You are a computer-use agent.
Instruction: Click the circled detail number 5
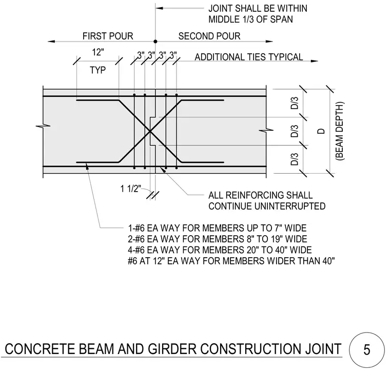pos(366,349)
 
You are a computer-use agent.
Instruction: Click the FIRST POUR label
pos(108,36)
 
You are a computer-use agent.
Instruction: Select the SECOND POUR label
pos(209,36)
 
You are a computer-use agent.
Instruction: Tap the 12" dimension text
pos(98,52)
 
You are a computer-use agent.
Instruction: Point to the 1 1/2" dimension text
pos(130,189)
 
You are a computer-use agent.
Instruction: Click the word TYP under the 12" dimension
pos(98,70)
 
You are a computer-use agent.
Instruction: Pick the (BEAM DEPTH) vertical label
pos(340,131)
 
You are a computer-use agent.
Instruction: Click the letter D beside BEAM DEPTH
pos(321,131)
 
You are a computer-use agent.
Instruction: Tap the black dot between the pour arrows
pos(155,42)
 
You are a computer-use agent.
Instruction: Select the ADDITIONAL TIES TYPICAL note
pos(249,57)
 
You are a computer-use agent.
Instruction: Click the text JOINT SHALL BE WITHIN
pos(258,8)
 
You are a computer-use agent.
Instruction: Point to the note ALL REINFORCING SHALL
pos(260,195)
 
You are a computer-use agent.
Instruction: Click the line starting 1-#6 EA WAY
pos(217,228)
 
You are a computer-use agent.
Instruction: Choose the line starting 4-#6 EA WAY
pos(220,250)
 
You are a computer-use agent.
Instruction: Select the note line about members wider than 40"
pos(231,261)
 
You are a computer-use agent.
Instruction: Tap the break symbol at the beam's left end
pos(43,126)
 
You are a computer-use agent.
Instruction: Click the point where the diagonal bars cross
pos(150,131)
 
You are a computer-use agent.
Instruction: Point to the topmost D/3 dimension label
pos(295,103)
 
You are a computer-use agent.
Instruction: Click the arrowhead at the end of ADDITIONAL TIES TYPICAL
pos(315,61)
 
